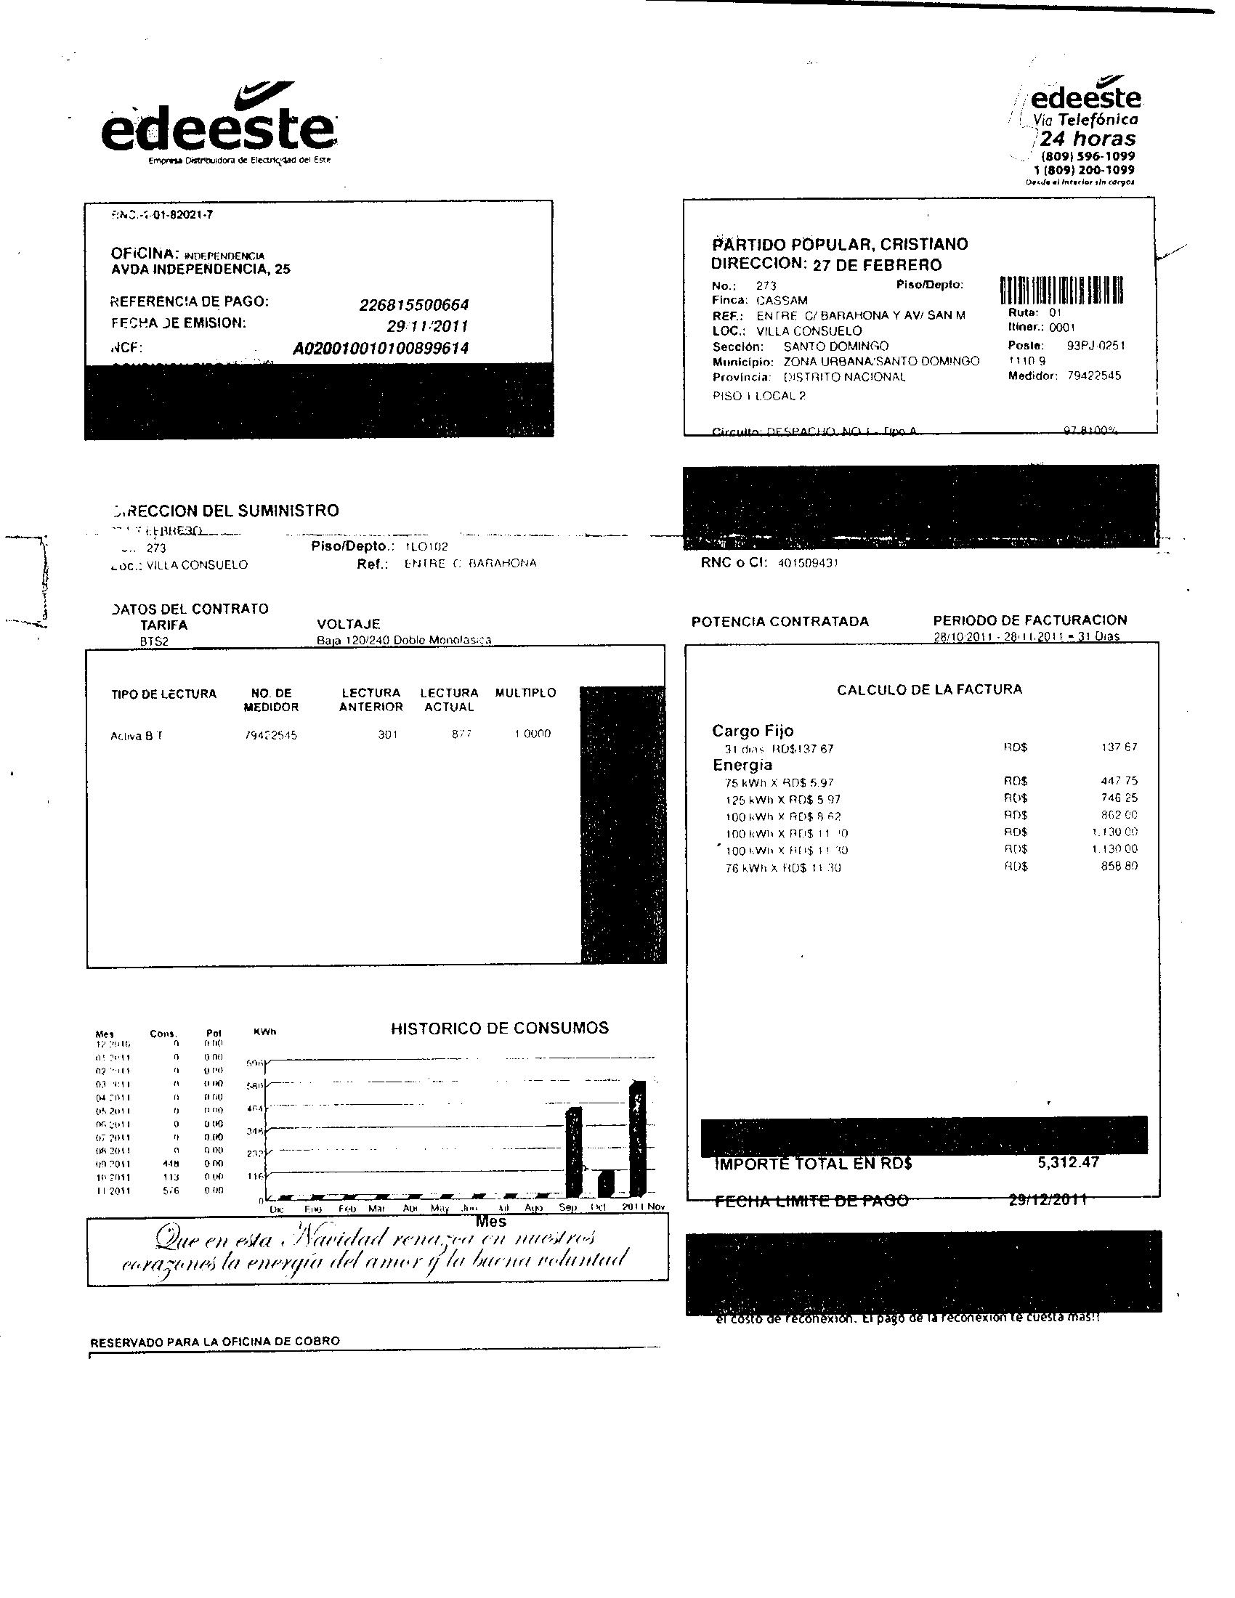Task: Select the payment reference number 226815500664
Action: [413, 305]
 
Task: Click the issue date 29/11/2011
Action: [427, 326]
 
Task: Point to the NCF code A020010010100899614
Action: [381, 348]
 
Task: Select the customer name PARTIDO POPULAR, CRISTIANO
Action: [840, 244]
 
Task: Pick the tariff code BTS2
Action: [154, 641]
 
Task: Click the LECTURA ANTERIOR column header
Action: [371, 699]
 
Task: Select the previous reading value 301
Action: [387, 734]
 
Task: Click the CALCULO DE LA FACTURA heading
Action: [929, 689]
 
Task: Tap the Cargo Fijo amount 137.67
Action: [1119, 747]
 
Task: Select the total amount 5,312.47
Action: [1068, 1163]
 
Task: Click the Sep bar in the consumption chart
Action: [574, 1153]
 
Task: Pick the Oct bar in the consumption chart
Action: [606, 1183]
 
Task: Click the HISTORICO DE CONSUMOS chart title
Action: [500, 1028]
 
